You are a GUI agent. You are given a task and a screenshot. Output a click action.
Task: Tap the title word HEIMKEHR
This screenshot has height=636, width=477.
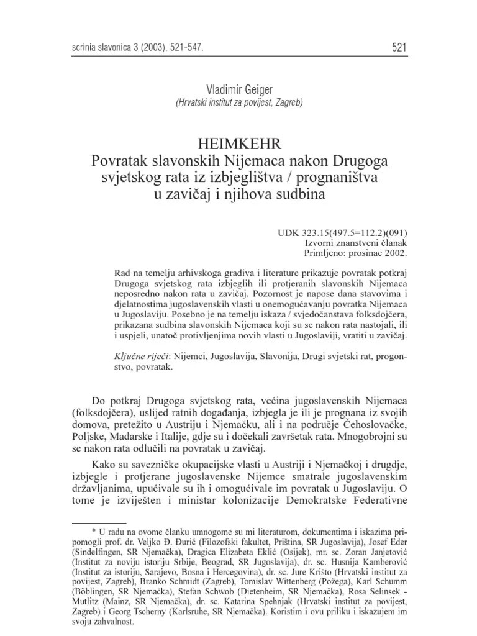pos(238,144)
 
